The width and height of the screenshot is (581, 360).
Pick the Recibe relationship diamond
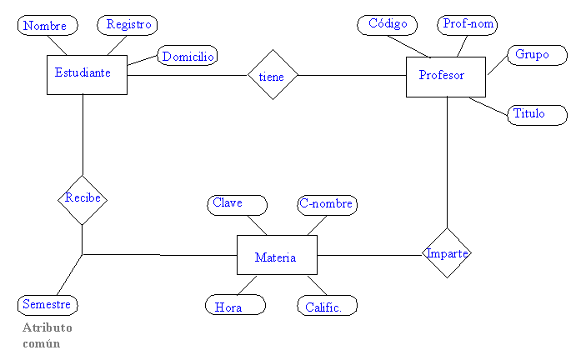83,199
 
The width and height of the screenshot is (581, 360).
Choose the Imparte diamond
447,253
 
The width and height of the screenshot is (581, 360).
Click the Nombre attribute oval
47,26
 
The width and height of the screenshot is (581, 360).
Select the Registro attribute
128,25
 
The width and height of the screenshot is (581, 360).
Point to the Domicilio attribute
188,56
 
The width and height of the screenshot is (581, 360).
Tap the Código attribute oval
388,24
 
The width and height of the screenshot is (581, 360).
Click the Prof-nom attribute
468,24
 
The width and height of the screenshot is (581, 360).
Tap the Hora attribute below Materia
235,306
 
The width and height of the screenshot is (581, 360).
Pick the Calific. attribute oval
327,306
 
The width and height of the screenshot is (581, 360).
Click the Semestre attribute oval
48,305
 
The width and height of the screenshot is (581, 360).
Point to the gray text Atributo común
48,336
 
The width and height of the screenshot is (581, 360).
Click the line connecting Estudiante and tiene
188,76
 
